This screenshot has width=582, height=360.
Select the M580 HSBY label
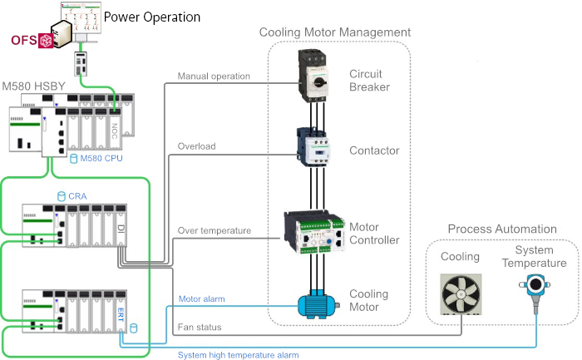point(37,86)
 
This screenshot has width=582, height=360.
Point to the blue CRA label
point(78,197)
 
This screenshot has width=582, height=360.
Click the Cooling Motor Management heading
point(335,32)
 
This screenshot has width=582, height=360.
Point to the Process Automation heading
point(502,229)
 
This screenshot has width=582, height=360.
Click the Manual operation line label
point(214,76)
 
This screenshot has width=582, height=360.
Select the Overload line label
point(196,146)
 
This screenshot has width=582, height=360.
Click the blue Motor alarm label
point(201,299)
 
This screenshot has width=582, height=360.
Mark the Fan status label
point(200,328)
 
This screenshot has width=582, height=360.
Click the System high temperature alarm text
point(238,355)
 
